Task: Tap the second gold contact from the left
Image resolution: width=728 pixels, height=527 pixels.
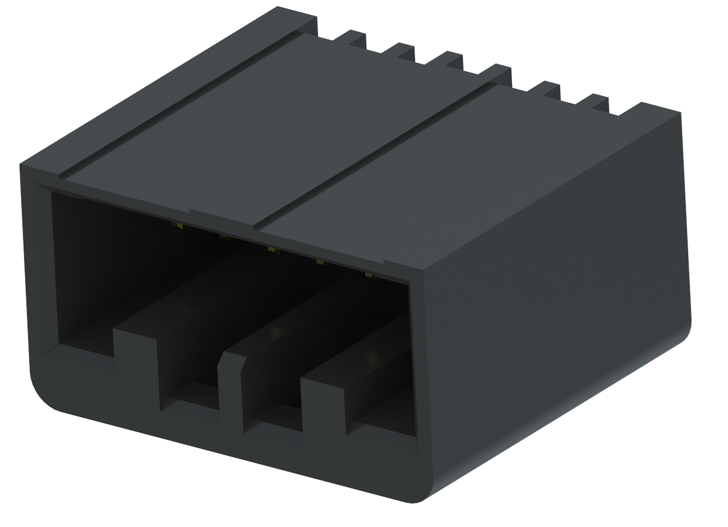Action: click(x=225, y=238)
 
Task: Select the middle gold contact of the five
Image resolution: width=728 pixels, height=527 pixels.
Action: click(x=273, y=250)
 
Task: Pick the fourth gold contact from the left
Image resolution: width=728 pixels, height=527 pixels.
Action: click(x=320, y=262)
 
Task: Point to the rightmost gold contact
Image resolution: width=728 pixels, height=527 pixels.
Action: click(x=368, y=274)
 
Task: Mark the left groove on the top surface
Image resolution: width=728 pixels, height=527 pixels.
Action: click(x=185, y=104)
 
